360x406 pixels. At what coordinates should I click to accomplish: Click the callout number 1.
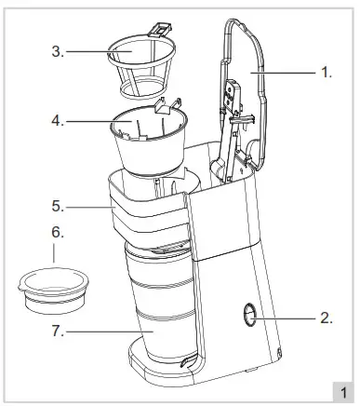(x=326, y=72)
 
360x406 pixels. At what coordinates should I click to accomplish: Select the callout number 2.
(x=326, y=318)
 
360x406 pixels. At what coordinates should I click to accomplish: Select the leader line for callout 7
(x=102, y=330)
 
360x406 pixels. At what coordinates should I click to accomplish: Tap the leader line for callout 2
(x=288, y=318)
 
